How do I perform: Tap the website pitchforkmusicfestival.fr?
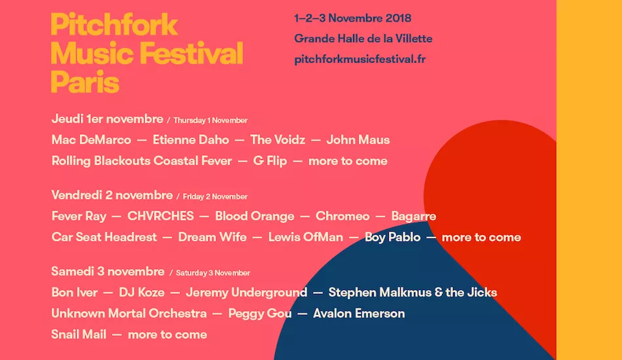[x=360, y=59]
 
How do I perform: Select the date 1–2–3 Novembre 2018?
[x=353, y=18]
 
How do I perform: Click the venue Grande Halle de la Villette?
[x=363, y=39]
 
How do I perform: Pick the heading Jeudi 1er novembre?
[x=107, y=119]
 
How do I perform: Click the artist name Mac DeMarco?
[x=90, y=139]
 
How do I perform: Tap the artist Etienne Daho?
[x=191, y=139]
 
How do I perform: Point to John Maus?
[x=358, y=139]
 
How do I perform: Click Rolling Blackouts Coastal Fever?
[x=141, y=161]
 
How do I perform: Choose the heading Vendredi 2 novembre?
[x=112, y=196]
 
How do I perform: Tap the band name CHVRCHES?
[x=160, y=216]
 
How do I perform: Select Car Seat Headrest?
[x=104, y=237]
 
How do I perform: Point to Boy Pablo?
[x=393, y=237]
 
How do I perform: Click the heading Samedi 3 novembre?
[x=108, y=272]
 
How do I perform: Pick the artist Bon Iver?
[x=75, y=293]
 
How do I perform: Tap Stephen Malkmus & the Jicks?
[x=412, y=293]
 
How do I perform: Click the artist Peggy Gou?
[x=260, y=314]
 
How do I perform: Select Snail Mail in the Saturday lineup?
[x=79, y=334]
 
